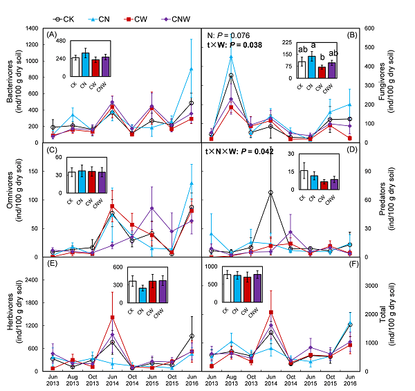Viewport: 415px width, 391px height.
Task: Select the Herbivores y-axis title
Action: [10, 313]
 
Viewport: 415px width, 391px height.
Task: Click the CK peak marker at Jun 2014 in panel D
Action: [270, 192]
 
